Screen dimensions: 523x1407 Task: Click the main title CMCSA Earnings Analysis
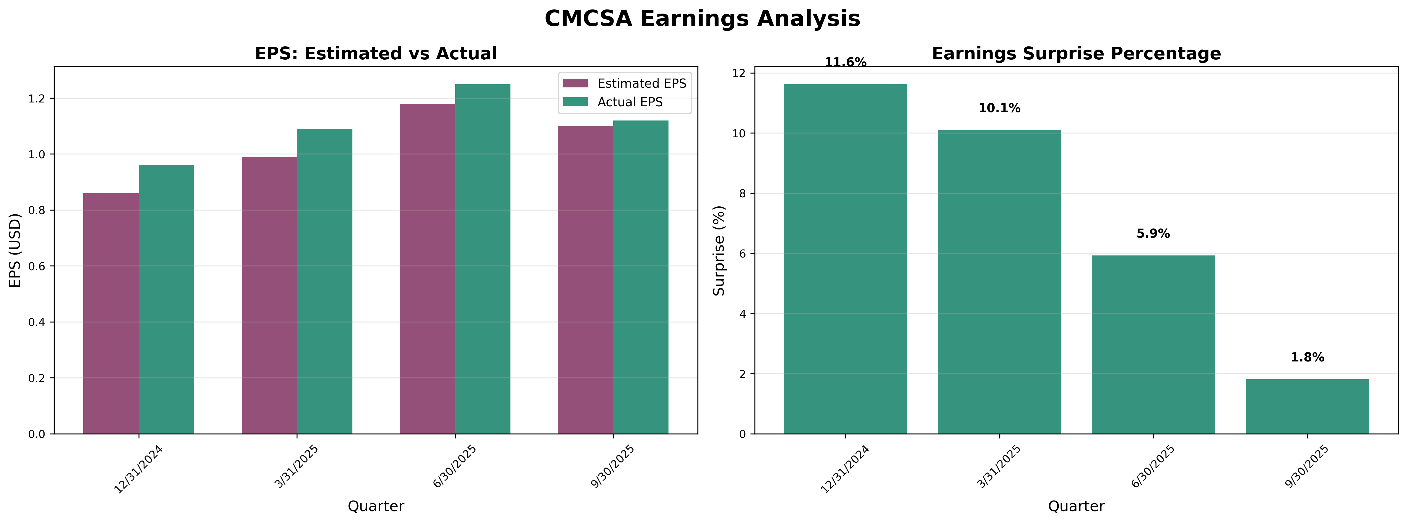click(702, 19)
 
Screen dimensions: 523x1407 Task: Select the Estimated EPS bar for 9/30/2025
click(585, 280)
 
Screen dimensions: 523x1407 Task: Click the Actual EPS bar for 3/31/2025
click(324, 281)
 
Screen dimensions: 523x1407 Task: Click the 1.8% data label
click(1307, 358)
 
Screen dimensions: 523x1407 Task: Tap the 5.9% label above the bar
click(1153, 234)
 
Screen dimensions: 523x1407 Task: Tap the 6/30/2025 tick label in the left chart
click(454, 467)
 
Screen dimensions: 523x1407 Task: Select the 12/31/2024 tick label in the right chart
click(845, 470)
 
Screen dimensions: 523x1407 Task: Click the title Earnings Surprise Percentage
click(1076, 53)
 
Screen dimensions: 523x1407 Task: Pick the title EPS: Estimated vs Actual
click(376, 53)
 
